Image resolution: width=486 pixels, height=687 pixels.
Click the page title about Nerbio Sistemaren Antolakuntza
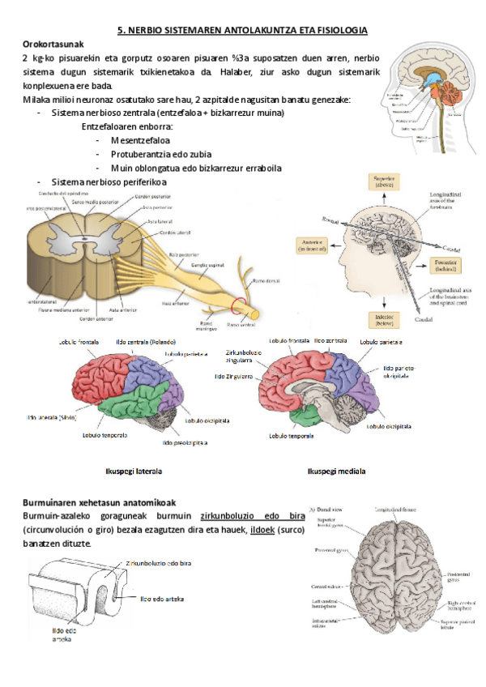tap(243, 30)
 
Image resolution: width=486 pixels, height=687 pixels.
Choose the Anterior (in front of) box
tap(311, 245)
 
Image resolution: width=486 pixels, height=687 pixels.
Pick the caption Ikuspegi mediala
tap(335, 471)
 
